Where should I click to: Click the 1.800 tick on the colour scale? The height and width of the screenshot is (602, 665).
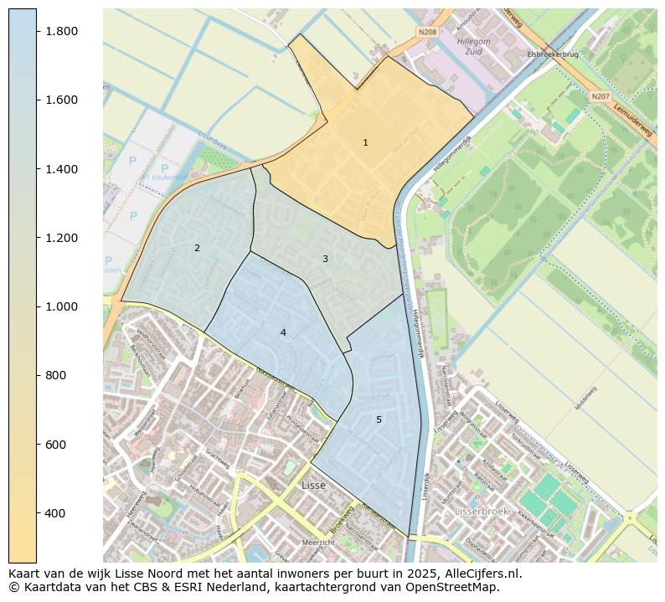[x=61, y=31]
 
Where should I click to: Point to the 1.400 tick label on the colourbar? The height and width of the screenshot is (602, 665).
[x=61, y=169]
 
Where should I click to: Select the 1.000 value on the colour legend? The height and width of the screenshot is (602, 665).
[x=61, y=306]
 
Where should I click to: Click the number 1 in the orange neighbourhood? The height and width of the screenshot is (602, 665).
[x=365, y=143]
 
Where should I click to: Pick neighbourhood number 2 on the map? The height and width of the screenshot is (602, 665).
[x=197, y=248]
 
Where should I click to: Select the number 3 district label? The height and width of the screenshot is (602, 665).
[x=325, y=259]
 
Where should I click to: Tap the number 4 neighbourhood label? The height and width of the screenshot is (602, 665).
[x=283, y=332]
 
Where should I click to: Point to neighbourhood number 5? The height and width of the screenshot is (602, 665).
[x=379, y=419]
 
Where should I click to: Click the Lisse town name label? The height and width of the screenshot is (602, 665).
[x=313, y=485]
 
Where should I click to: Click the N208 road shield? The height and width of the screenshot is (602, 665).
[x=427, y=32]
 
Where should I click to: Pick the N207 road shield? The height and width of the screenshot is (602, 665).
[x=600, y=96]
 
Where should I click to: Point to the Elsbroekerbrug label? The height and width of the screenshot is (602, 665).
[x=553, y=54]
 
